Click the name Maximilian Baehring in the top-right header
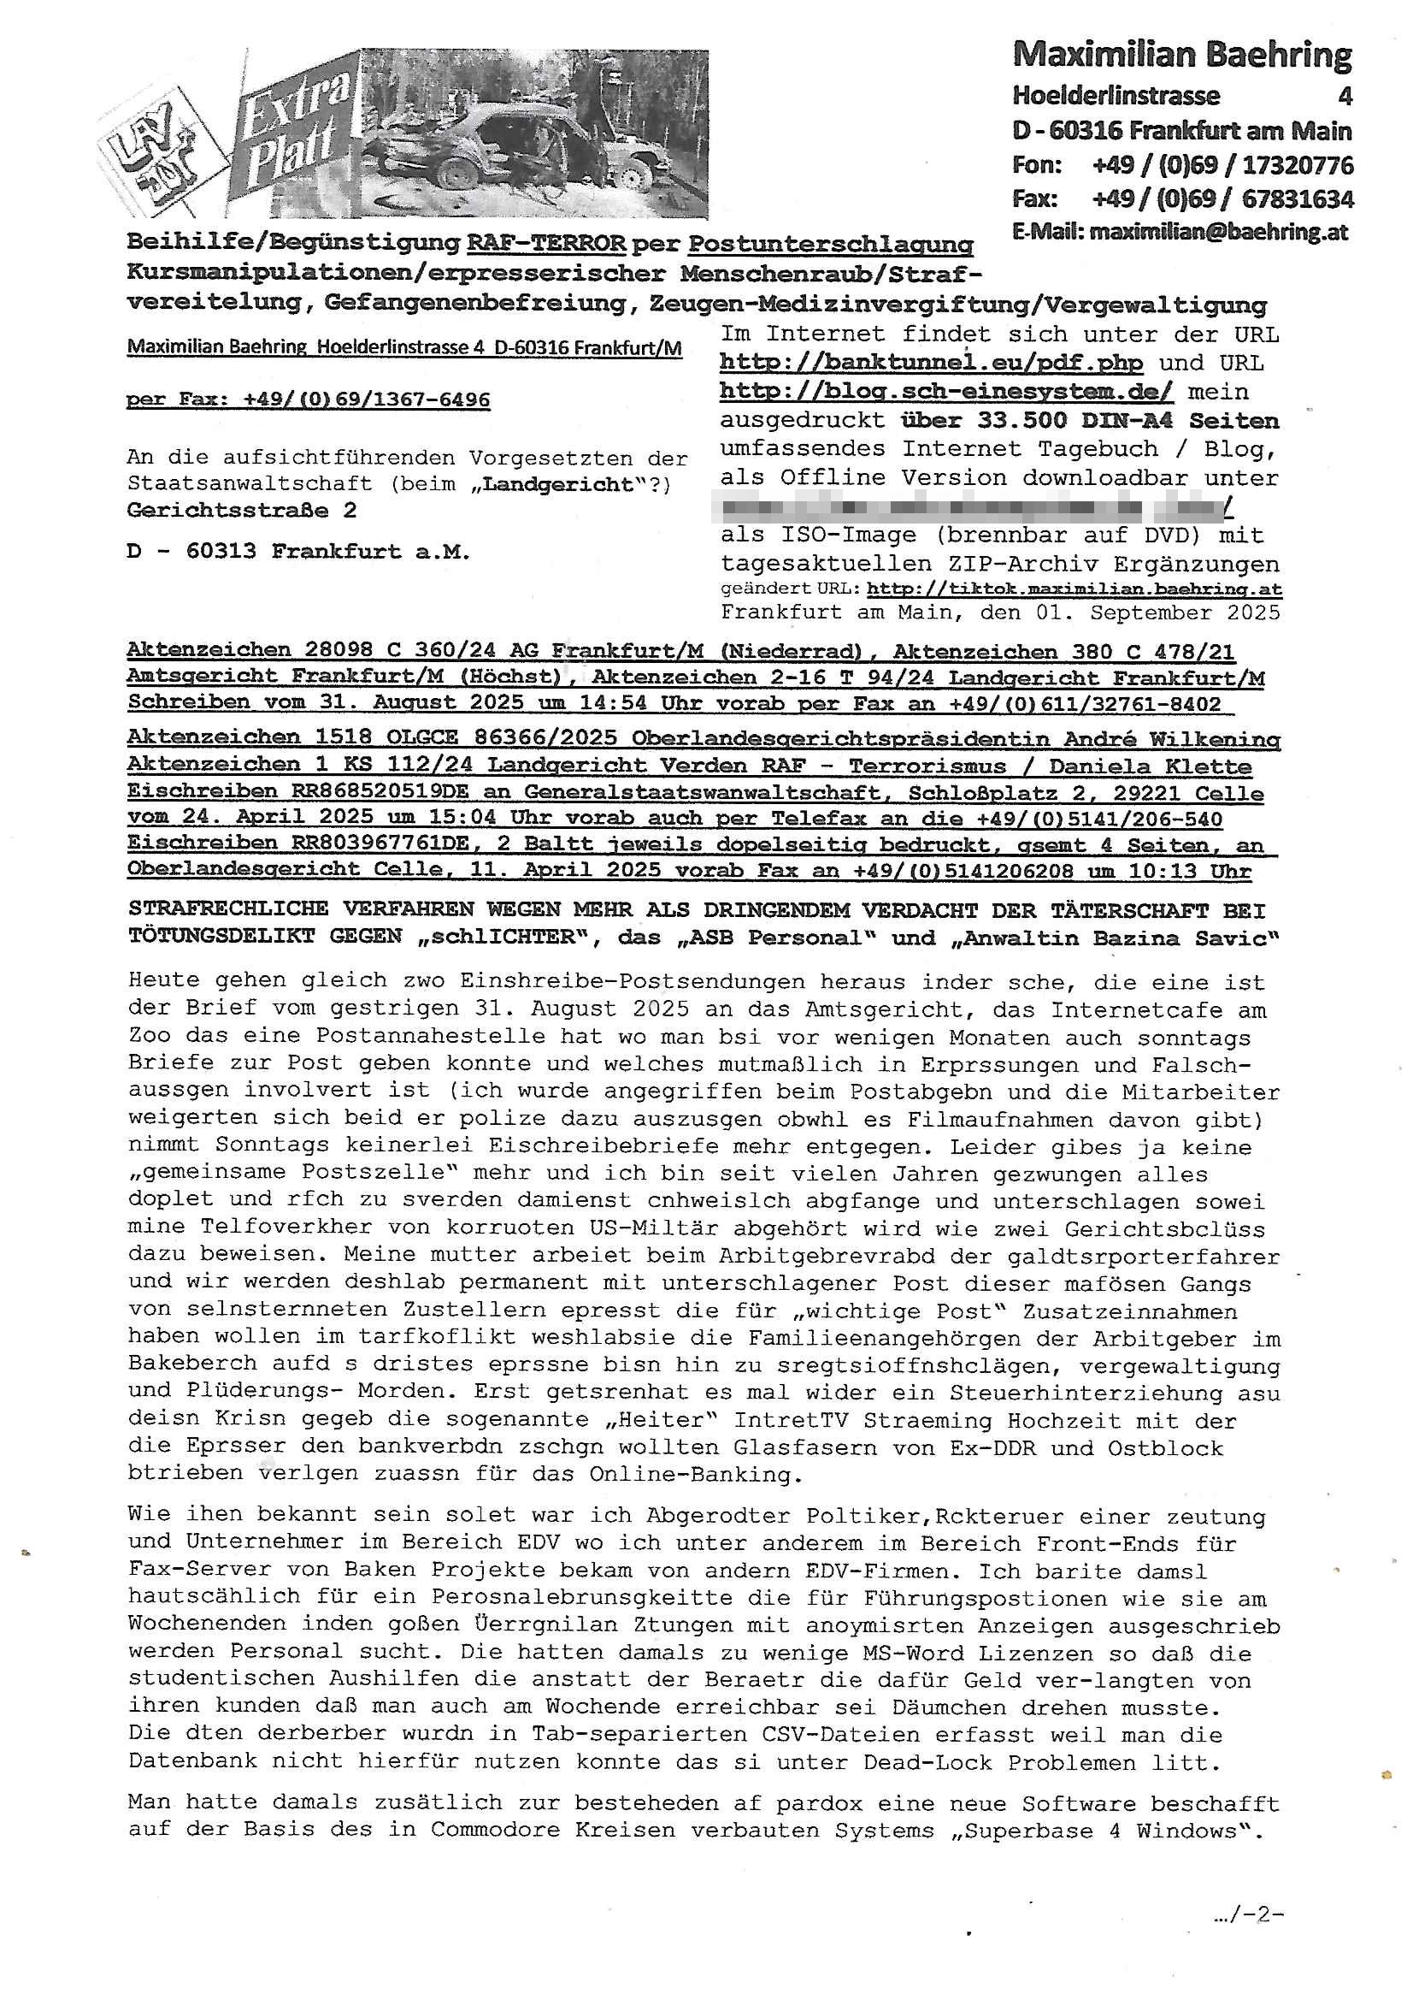pos(1181,56)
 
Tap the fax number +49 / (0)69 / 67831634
pos(1222,199)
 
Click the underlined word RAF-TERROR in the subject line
pos(546,243)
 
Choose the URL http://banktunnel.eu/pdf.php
pos(931,363)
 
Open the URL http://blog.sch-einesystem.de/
pos(946,391)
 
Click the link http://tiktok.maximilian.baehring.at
pos(1074,589)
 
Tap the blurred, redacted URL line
pos(975,506)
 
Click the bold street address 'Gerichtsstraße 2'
pos(241,511)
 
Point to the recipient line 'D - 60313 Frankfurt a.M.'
pos(297,552)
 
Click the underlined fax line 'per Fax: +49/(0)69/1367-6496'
pos(309,399)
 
